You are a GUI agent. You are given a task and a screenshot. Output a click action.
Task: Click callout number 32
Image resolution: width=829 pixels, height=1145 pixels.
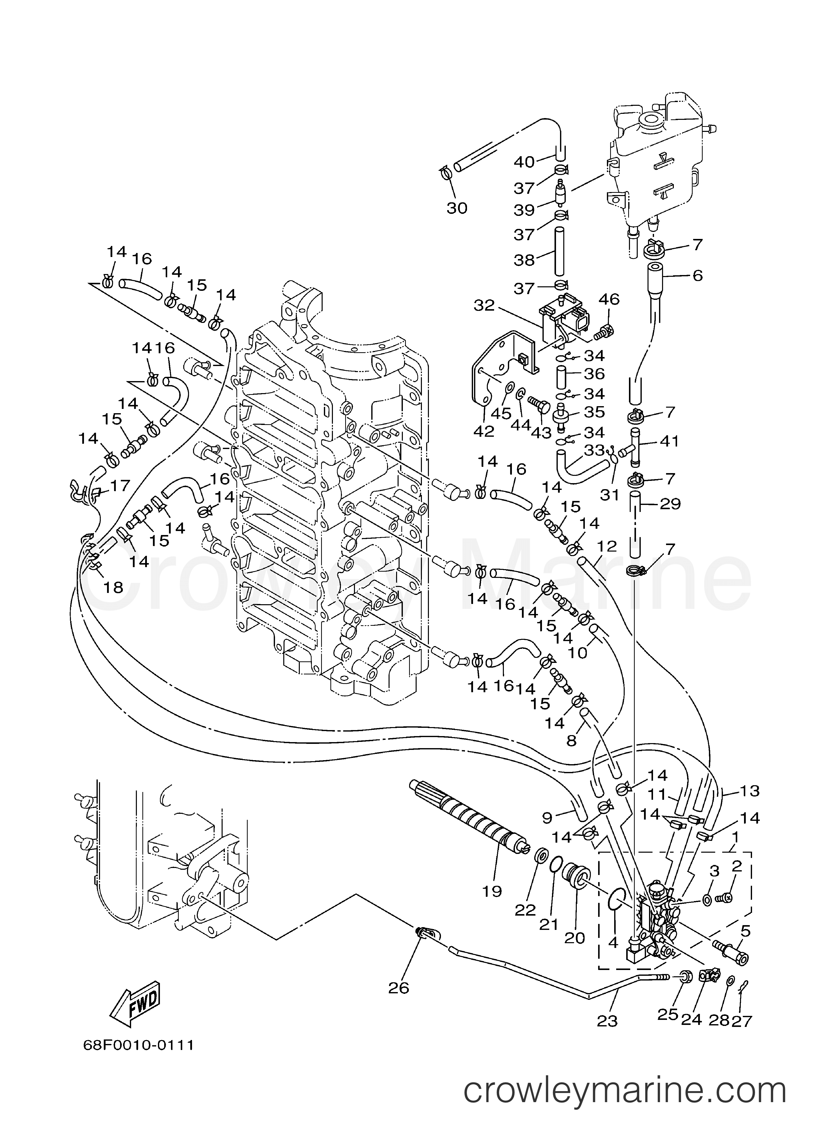[484, 305]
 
